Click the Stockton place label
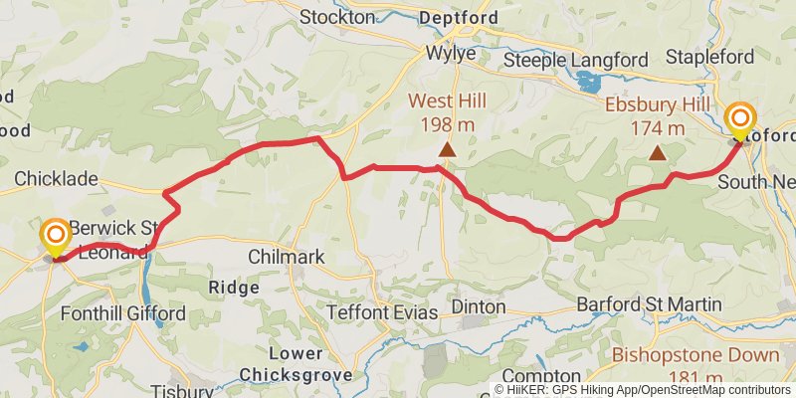pyautogui.click(x=337, y=17)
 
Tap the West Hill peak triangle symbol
pyautogui.click(x=448, y=150)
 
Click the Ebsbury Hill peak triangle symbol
pyautogui.click(x=657, y=153)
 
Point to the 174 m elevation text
pyautogui.click(x=658, y=128)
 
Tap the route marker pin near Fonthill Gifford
pyautogui.click(x=55, y=238)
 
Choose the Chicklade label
pyautogui.click(x=56, y=179)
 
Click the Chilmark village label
pyautogui.click(x=287, y=257)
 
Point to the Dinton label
pyautogui.click(x=478, y=306)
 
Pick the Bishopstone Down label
pyautogui.click(x=696, y=355)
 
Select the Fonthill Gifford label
pyautogui.click(x=123, y=313)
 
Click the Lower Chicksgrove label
pyautogui.click(x=296, y=364)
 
